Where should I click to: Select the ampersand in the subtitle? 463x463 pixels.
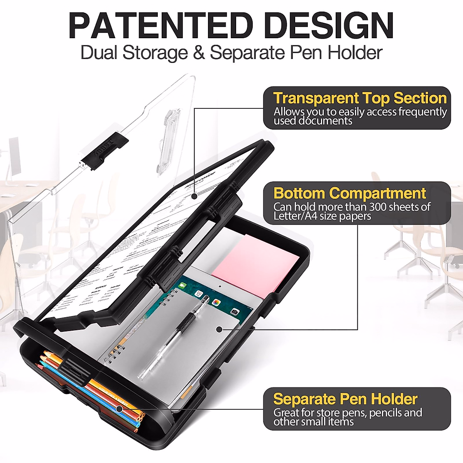199,53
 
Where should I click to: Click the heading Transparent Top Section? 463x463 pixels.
360,98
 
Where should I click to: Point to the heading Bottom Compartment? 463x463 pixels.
350,193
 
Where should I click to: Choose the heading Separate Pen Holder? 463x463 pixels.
345,399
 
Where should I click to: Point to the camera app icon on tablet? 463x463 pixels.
234,311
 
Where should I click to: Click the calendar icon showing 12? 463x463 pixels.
199,294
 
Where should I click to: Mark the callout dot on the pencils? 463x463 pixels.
120,409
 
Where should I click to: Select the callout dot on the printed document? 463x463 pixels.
196,196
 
